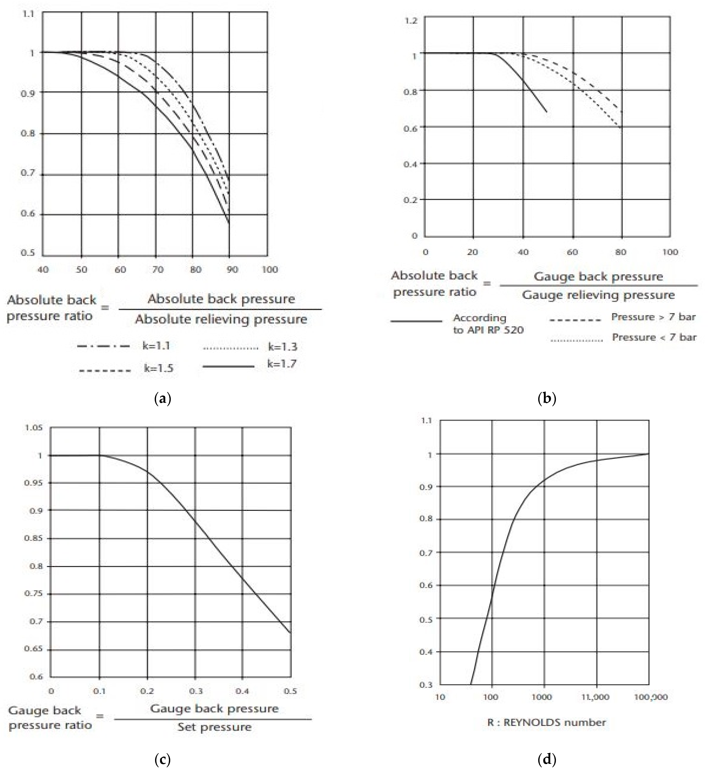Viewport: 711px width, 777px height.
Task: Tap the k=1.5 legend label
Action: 158,369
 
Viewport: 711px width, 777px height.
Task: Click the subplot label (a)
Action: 162,398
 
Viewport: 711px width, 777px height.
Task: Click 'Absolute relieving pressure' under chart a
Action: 221,319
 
